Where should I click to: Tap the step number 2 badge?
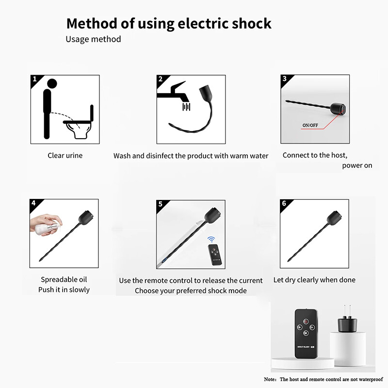[x=160, y=79]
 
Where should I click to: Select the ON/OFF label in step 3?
[x=310, y=125]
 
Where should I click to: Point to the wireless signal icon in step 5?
[x=210, y=240]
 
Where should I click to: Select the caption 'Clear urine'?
[x=65, y=156]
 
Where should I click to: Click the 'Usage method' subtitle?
[x=93, y=39]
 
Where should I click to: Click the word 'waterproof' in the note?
[x=370, y=379]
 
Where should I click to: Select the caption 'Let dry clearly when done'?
[x=314, y=280]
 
